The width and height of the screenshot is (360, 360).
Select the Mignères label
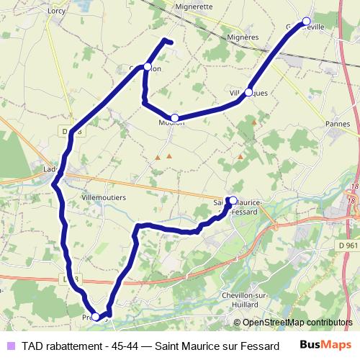(242, 37)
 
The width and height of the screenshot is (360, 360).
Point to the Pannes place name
(337, 124)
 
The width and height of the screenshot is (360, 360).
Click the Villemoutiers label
(104, 197)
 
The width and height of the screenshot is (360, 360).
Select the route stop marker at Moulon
(174, 117)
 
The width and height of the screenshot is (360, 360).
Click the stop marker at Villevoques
(248, 92)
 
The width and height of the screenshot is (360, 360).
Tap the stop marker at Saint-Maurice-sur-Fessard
(233, 201)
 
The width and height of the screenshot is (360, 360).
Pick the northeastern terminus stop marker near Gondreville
(306, 21)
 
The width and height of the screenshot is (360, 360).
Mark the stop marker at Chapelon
(148, 67)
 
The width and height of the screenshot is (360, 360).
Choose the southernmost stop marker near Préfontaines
(96, 316)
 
